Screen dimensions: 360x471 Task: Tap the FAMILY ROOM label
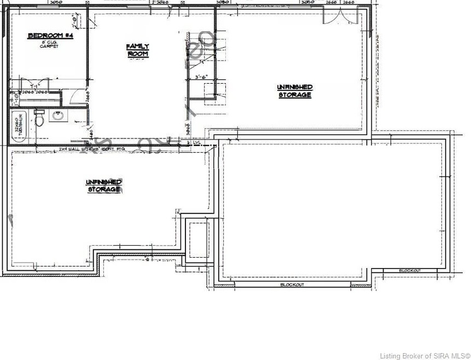[138, 50]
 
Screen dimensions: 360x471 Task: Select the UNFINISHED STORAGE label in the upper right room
[294, 91]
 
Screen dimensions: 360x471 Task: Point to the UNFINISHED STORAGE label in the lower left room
[104, 185]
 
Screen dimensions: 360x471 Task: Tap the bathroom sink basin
[57, 116]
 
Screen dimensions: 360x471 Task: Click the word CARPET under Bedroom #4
[49, 47]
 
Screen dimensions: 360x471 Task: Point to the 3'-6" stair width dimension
[203, 78]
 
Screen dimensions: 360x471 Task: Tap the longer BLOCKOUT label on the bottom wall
[292, 285]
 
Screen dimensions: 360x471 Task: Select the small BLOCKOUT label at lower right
[410, 271]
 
